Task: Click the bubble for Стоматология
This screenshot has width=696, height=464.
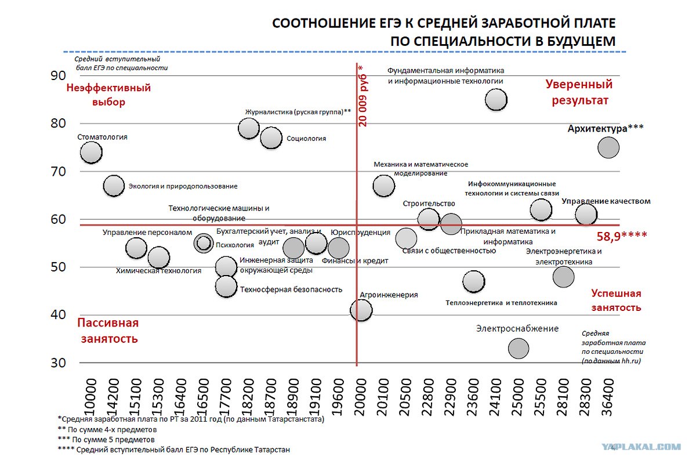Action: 92,153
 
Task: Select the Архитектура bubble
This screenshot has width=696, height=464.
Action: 608,148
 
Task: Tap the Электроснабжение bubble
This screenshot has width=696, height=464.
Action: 519,349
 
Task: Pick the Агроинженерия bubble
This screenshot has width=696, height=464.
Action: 361,310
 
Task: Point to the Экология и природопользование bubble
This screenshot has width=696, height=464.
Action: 114,186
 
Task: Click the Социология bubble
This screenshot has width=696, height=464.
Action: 271,137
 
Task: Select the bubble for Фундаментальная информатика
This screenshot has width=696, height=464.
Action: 496,100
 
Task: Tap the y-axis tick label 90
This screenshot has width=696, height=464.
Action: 58,75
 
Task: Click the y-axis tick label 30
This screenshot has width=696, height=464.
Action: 58,362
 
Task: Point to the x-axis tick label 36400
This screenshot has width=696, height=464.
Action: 607,397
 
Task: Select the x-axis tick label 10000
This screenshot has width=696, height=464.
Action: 90,397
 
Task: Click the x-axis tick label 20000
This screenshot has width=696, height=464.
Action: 360,397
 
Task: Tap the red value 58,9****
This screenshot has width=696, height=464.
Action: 622,237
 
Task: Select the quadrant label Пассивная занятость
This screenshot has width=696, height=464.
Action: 108,331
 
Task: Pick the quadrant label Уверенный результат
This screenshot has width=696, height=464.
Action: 579,92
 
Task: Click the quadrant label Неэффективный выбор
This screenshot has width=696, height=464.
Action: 108,95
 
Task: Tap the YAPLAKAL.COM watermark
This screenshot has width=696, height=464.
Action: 641,447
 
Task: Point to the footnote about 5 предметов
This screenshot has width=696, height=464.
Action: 106,440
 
